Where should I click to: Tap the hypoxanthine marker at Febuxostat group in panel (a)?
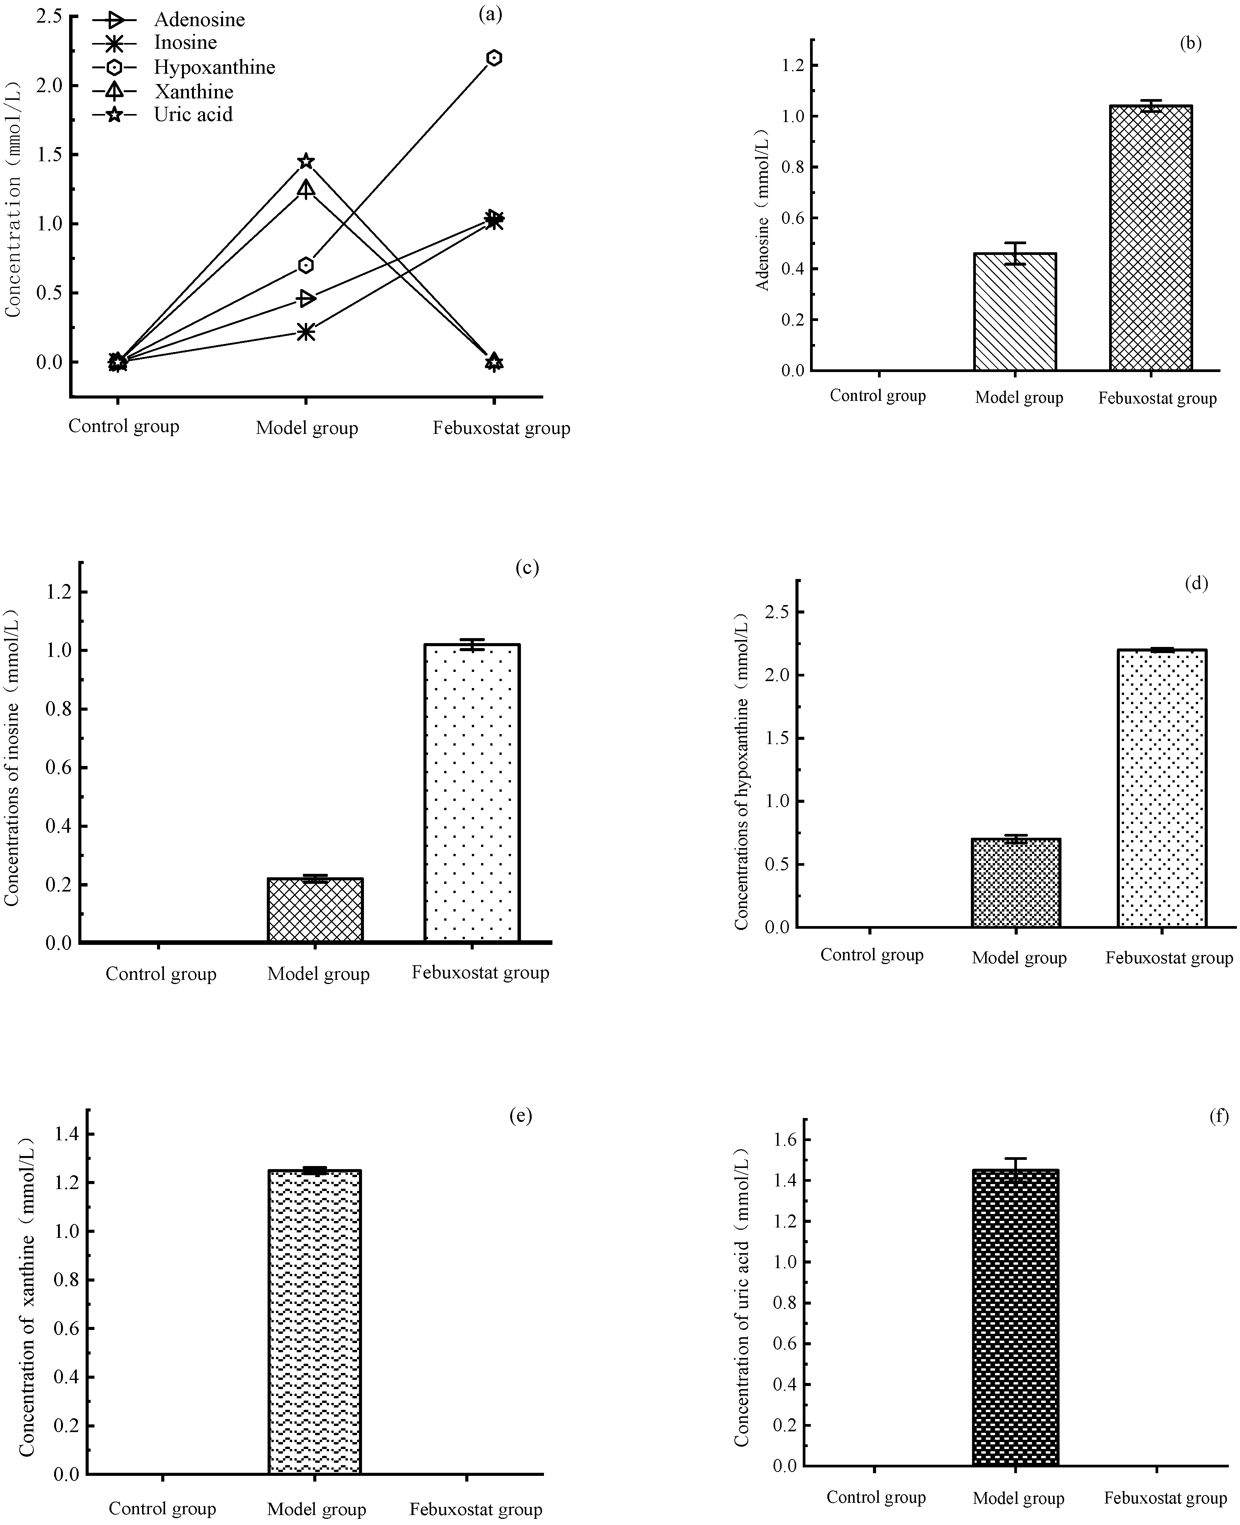(x=494, y=58)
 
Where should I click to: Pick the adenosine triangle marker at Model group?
(x=306, y=299)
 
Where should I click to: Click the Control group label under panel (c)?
(x=161, y=974)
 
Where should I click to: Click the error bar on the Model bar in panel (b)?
(x=1014, y=253)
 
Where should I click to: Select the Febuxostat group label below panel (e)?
(x=476, y=1509)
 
